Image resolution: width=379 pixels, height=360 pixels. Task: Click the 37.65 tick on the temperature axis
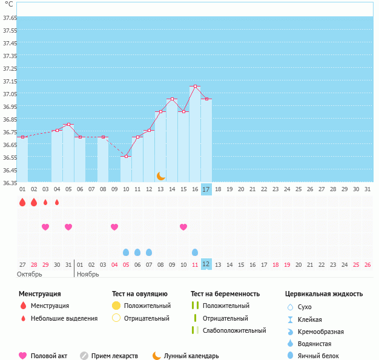(x=9, y=18)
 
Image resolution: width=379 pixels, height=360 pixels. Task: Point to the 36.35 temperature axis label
(x=9, y=183)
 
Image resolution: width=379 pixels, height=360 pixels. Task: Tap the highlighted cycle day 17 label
(x=206, y=189)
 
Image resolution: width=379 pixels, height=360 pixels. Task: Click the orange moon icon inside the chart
(x=161, y=175)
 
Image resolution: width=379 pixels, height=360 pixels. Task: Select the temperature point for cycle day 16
(x=195, y=87)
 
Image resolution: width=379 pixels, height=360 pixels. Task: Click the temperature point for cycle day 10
(x=127, y=157)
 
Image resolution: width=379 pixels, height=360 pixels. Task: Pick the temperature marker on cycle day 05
(x=68, y=125)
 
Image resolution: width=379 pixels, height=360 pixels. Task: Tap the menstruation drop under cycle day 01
(x=22, y=202)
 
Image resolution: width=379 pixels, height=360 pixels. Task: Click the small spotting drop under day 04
(x=57, y=202)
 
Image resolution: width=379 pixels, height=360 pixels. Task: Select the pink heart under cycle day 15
(x=183, y=227)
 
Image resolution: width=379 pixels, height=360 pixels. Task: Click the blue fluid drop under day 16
(x=195, y=252)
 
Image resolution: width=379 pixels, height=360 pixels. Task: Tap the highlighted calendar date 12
(x=206, y=264)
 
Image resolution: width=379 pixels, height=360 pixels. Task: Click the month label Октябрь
(x=30, y=274)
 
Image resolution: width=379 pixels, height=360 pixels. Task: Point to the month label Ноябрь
(x=89, y=274)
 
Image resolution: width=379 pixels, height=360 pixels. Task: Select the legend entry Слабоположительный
(x=234, y=330)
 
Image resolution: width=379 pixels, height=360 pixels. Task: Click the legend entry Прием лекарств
(x=114, y=356)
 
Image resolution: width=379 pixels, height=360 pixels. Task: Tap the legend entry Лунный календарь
(x=192, y=356)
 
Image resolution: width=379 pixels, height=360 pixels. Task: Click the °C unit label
(x=8, y=4)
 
